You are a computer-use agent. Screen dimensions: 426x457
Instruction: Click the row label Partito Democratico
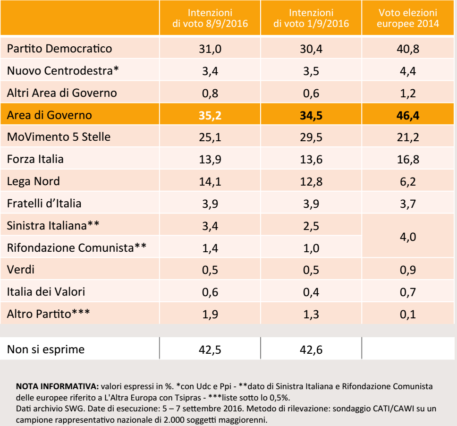coord(59,49)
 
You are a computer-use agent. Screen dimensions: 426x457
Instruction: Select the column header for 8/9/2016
coord(210,18)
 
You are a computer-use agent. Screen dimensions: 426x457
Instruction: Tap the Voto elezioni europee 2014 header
coord(407,18)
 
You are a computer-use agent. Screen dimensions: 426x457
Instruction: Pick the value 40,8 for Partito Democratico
coord(407,49)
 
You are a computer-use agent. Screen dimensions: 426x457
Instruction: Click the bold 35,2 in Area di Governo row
coord(210,115)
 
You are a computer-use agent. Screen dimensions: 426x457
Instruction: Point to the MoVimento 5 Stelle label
coord(59,137)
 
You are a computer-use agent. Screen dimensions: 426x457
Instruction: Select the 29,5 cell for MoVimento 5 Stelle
coord(311,137)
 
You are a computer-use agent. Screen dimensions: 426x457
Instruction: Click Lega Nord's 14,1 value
coord(210,182)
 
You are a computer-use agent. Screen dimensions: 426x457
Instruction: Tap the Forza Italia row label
coord(35,159)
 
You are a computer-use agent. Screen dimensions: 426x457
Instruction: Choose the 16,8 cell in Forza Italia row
coord(407,160)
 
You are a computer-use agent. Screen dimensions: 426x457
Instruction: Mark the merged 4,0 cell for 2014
coord(407,237)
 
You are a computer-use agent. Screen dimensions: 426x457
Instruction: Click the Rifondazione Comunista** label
coord(76,248)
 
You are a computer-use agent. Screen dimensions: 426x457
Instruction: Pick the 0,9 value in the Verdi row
coord(407,271)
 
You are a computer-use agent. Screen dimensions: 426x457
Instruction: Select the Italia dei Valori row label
coord(46,292)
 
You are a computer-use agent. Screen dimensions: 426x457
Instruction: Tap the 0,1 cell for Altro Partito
coord(407,315)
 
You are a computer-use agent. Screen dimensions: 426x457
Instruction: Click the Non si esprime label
coord(46,349)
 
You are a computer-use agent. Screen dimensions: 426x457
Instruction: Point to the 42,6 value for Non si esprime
coord(311,350)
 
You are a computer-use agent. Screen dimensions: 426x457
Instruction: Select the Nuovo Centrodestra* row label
coord(63,71)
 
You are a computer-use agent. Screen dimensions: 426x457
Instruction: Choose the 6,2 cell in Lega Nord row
coord(407,182)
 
